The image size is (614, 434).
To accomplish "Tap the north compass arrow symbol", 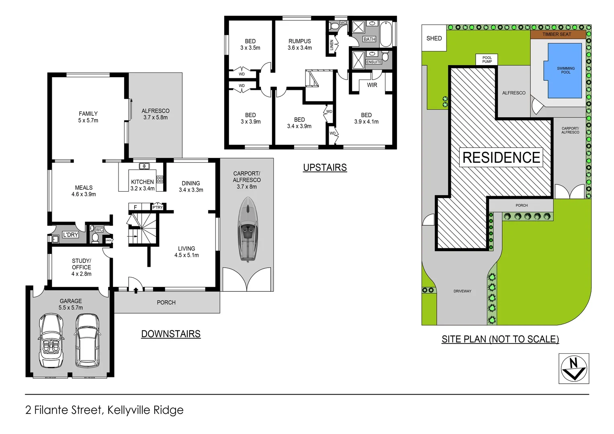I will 574,368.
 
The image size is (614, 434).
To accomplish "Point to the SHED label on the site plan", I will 434,38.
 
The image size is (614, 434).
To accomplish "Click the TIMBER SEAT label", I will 557,34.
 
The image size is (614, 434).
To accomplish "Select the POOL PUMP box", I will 487,59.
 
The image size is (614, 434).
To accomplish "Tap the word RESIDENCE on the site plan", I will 501,158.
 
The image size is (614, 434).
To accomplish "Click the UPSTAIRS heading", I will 325,168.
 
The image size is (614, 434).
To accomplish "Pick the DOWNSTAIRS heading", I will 171,334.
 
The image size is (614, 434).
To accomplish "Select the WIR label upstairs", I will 372,85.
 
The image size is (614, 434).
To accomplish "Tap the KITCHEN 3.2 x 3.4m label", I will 142,185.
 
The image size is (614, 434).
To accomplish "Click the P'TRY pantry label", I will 158,207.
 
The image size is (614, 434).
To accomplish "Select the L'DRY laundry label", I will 70,235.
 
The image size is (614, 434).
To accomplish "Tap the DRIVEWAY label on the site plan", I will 462,291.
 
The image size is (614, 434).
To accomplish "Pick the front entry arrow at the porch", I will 136,290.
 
